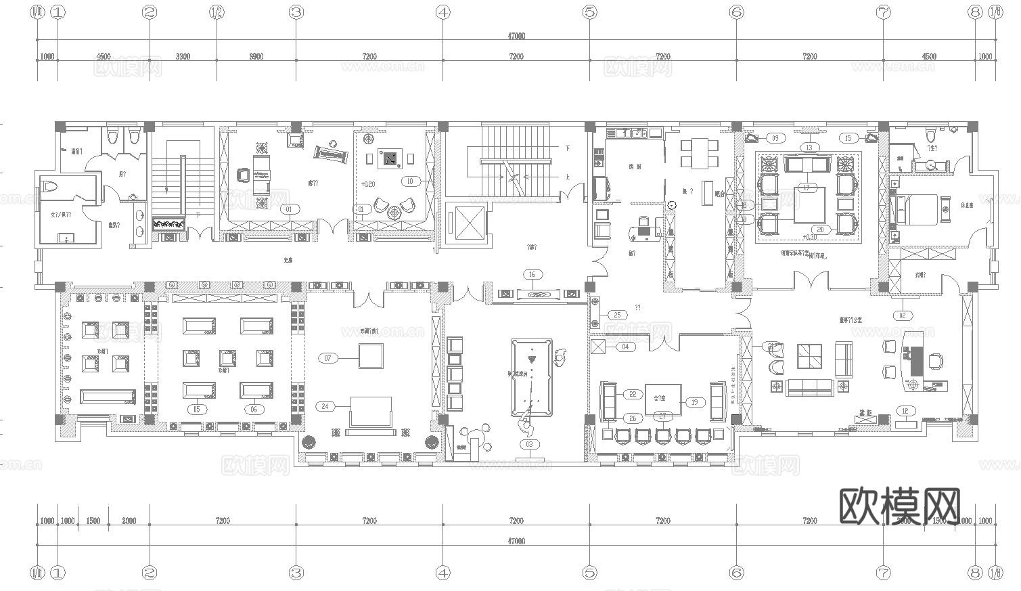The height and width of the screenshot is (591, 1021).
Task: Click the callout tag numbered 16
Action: point(532,274)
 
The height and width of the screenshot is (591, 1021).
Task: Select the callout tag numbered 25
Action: point(617,315)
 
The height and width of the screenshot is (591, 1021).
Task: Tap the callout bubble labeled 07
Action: point(328,357)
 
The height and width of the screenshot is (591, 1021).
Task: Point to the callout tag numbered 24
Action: point(325,406)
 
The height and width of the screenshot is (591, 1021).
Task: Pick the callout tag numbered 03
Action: point(529,445)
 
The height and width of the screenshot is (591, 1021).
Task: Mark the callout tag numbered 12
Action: point(906,410)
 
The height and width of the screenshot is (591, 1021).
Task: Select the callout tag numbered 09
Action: point(775,138)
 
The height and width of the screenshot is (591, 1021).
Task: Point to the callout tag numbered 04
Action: point(625,347)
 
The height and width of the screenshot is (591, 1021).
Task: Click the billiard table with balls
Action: point(531,377)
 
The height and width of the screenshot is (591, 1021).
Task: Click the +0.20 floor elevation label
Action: point(368,184)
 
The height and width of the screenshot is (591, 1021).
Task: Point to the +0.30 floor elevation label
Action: point(808,238)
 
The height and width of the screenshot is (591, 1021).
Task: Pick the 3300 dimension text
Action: point(183,56)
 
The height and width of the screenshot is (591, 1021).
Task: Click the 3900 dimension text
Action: point(256,56)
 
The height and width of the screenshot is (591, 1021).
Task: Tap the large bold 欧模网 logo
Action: point(900,506)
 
